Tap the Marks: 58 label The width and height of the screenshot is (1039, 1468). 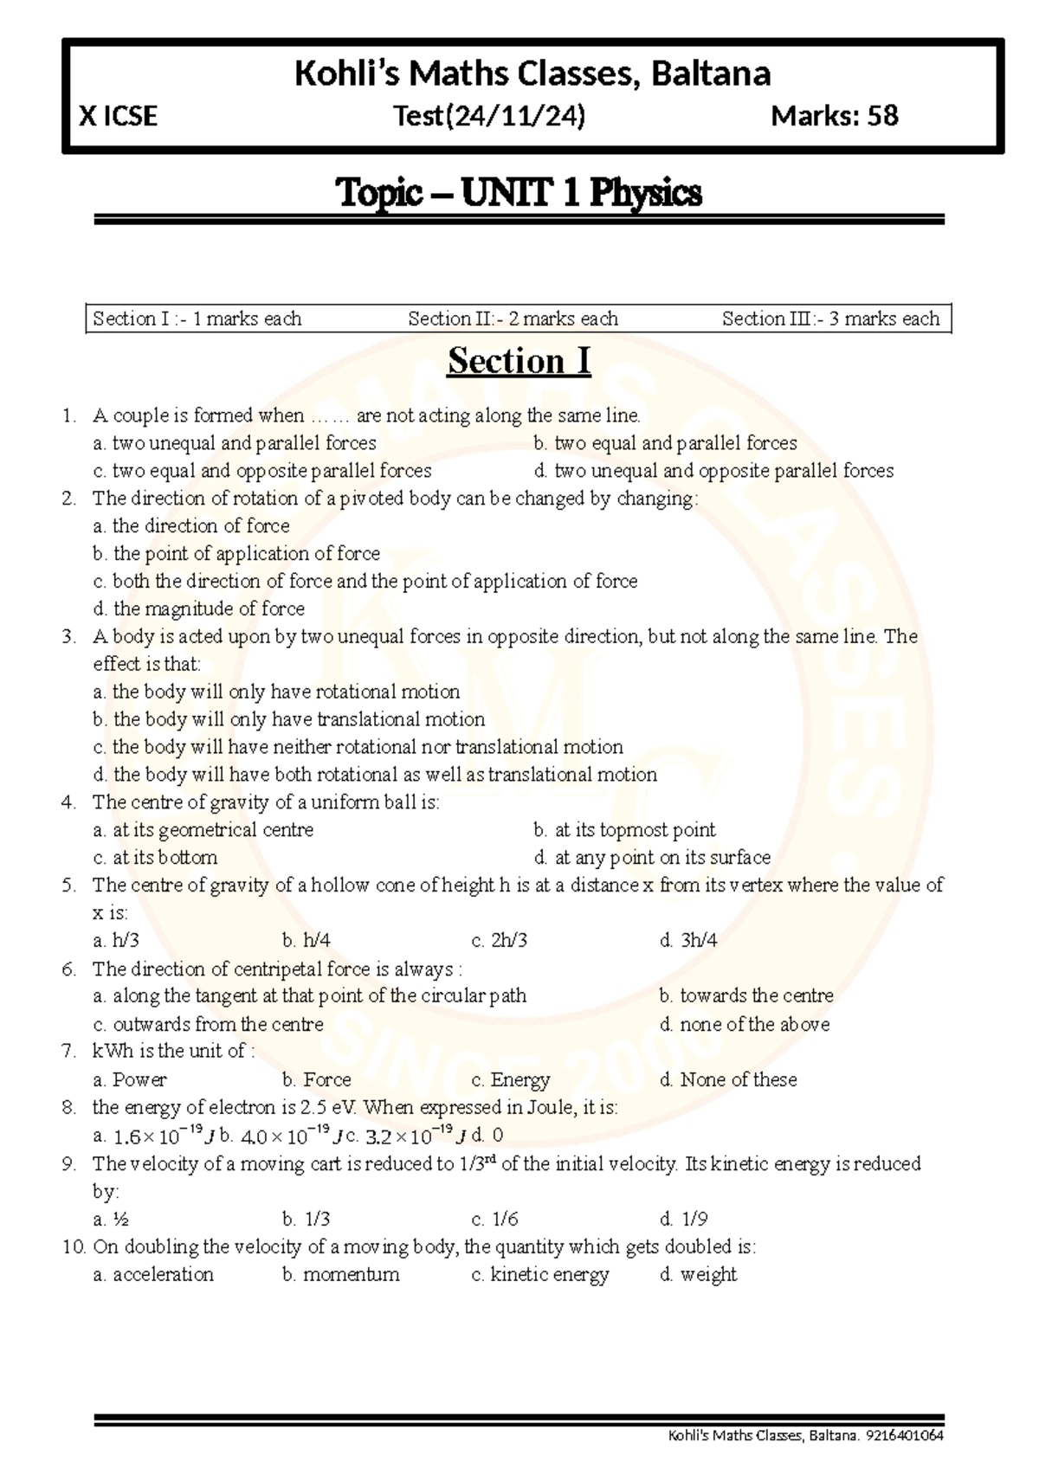834,116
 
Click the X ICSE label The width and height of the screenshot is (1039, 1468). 119,116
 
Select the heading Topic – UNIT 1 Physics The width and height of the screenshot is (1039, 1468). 519,192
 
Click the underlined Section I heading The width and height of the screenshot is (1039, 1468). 519,361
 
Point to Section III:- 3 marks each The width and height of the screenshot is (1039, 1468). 830,319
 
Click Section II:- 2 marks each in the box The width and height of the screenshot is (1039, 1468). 513,319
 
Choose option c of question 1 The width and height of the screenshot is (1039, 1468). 262,471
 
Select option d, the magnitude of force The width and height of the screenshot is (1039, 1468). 199,608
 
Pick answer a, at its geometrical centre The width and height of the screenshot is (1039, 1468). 203,830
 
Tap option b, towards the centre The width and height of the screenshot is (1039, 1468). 746,996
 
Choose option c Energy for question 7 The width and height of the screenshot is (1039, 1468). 511,1079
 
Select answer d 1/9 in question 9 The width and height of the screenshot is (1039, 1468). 685,1220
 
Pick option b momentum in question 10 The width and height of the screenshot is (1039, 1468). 341,1275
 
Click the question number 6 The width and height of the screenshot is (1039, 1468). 69,969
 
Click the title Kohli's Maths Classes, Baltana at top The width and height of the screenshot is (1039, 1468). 532,74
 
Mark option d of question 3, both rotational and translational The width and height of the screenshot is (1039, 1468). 375,775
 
